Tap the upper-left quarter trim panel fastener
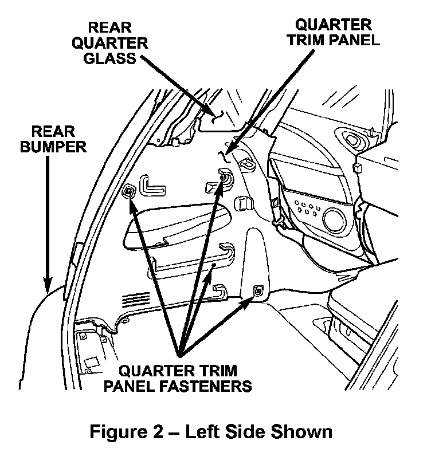tap(130, 191)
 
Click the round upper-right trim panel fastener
tap(225, 180)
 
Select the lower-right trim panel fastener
tap(257, 292)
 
